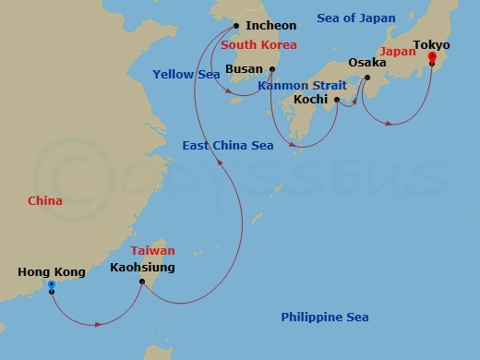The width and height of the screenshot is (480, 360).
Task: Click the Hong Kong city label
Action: [51, 272]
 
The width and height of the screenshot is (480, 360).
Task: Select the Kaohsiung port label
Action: [142, 268]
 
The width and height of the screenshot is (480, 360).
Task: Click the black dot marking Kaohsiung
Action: [140, 282]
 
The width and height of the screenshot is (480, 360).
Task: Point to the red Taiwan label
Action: [152, 250]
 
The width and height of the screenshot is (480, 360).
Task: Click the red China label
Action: [45, 200]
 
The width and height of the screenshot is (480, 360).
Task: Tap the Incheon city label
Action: [272, 26]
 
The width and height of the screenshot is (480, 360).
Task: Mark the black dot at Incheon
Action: [237, 26]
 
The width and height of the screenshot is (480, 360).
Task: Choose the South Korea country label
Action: [258, 44]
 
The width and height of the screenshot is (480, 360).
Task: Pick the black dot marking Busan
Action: [271, 68]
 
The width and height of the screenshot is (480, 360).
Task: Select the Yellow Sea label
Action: [186, 74]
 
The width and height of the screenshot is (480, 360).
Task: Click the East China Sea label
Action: [228, 145]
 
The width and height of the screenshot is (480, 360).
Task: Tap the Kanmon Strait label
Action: [302, 85]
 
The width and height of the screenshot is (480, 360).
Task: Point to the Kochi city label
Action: [311, 99]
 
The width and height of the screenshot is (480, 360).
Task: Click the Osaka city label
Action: [366, 63]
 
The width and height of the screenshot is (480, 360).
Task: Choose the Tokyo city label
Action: [432, 43]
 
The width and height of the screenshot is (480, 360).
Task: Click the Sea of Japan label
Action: [355, 18]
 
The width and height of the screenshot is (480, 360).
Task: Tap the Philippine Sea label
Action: [325, 318]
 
